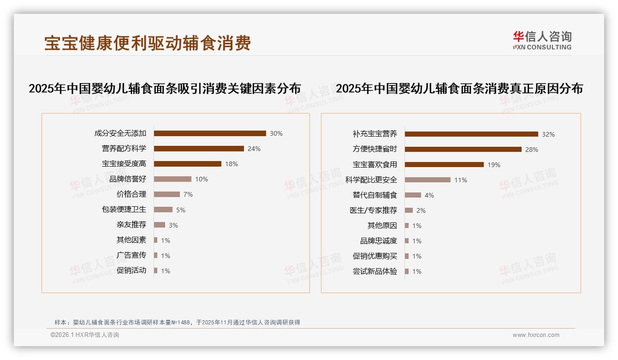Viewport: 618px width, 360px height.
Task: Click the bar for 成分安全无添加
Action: pyautogui.click(x=210, y=133)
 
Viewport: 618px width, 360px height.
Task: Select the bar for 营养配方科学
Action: pyautogui.click(x=199, y=149)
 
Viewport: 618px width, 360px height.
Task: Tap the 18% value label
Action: pyautogui.click(x=232, y=164)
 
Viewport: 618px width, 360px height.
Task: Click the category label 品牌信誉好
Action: pyautogui.click(x=128, y=179)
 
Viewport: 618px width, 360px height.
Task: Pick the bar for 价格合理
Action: pyautogui.click(x=167, y=194)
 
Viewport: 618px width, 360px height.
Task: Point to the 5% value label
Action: pyautogui.click(x=181, y=210)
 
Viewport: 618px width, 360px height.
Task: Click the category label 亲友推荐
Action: pyautogui.click(x=131, y=225)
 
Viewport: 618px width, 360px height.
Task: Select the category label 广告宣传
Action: pyautogui.click(x=131, y=255)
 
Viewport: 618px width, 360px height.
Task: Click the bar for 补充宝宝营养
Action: pyautogui.click(x=471, y=134)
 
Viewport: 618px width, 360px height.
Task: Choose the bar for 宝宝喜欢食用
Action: pyautogui.click(x=444, y=165)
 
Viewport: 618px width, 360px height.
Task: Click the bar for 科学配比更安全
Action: pyautogui.click(x=428, y=180)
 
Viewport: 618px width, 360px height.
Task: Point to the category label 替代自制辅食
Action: pyautogui.click(x=375, y=195)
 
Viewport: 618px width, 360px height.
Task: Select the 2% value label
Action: pyautogui.click(x=421, y=210)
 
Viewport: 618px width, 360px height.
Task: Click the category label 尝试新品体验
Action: pyautogui.click(x=375, y=271)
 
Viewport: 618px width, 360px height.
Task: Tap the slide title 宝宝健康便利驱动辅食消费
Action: pyautogui.click(x=148, y=43)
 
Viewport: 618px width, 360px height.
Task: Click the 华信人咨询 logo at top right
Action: pyautogui.click(x=542, y=41)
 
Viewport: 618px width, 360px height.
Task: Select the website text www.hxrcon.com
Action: pyautogui.click(x=536, y=335)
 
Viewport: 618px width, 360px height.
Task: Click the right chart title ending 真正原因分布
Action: pyautogui.click(x=459, y=89)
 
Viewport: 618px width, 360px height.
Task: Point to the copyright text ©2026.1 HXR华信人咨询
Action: pyautogui.click(x=85, y=335)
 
